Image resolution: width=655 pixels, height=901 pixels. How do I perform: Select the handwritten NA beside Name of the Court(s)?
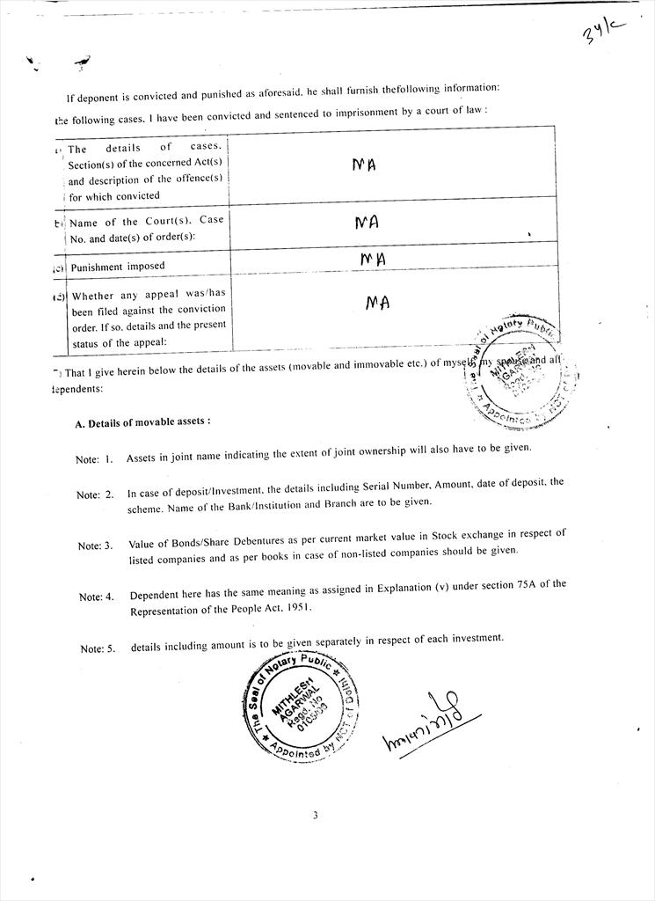[367, 223]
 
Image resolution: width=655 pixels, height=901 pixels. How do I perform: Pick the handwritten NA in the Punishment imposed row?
[373, 259]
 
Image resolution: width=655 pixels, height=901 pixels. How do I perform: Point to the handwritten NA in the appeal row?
[377, 303]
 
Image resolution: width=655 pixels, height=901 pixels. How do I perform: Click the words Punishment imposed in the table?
[118, 266]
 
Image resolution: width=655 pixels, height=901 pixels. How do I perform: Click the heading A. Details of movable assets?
[142, 421]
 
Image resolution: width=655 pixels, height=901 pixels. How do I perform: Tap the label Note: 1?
[94, 459]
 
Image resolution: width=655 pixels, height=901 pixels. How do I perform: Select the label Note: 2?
[95, 494]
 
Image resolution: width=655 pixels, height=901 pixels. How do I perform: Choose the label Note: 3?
[95, 546]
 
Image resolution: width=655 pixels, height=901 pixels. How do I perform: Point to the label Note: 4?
[97, 597]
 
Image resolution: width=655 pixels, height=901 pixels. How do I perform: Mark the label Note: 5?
[98, 648]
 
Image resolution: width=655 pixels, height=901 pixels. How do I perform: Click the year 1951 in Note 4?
[296, 609]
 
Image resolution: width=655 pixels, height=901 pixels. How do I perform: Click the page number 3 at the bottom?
[315, 815]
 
